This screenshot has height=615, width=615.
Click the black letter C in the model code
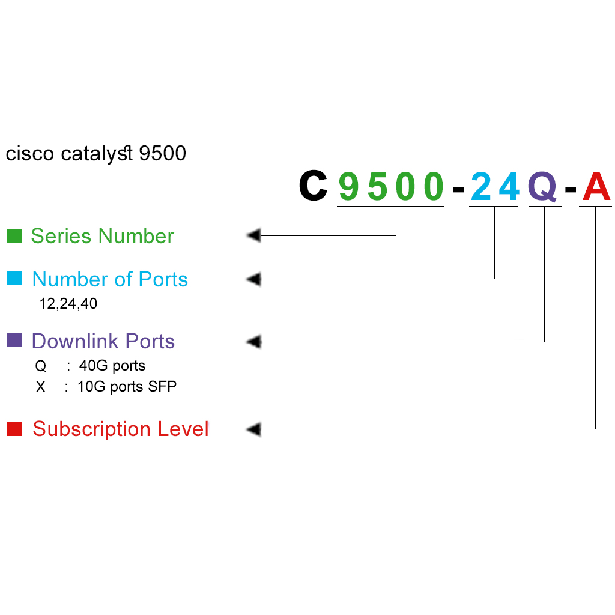click(313, 186)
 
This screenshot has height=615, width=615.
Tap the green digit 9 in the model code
click(348, 186)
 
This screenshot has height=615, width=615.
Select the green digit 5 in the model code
click(378, 186)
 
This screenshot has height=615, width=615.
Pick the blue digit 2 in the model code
click(480, 186)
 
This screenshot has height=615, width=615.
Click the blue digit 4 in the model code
click(508, 186)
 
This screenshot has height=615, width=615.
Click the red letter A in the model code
click(596, 186)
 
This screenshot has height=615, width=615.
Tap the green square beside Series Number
click(14, 236)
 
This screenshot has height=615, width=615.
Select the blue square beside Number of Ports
click(14, 279)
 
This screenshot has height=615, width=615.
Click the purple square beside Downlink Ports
click(14, 340)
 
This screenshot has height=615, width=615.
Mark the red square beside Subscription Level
click(14, 429)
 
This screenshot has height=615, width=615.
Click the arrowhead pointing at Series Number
click(253, 235)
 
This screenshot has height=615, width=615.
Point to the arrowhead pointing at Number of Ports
click(253, 279)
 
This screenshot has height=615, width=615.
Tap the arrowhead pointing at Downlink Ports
click(253, 342)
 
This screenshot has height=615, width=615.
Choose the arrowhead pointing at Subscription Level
click(253, 429)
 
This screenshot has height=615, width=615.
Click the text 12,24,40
click(68, 304)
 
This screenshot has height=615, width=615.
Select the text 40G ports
click(112, 366)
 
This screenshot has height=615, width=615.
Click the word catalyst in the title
click(97, 154)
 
